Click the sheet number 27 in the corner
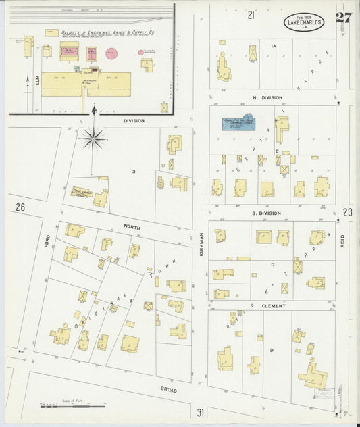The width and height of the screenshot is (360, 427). (342, 17)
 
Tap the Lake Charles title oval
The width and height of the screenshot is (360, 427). (303, 22)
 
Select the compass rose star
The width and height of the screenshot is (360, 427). (93, 139)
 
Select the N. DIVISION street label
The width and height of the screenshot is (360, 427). (267, 98)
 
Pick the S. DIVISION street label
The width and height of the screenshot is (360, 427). (265, 213)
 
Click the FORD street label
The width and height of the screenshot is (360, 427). (47, 240)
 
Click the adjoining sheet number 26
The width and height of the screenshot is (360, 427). (20, 207)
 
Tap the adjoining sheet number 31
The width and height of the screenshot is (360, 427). (201, 412)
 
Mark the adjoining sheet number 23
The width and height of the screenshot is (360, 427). (347, 212)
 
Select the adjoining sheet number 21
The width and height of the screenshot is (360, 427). (251, 14)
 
